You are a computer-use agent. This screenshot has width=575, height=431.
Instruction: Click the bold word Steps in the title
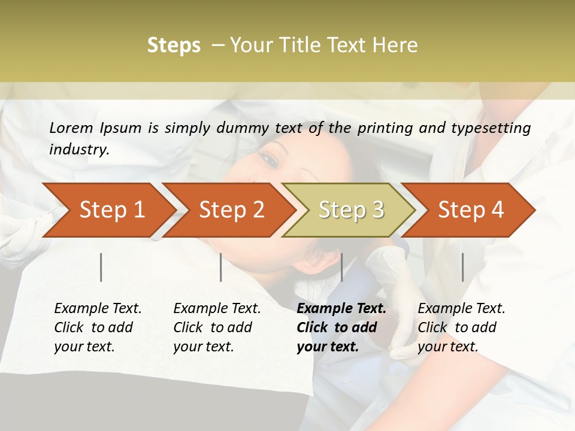click(174, 45)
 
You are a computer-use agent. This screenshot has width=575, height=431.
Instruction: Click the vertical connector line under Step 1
click(101, 267)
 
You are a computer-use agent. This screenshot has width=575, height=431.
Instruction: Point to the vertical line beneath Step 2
click(221, 267)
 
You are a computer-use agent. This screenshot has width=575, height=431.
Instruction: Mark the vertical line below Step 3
click(341, 267)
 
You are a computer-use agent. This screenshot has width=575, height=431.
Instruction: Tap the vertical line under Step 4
click(462, 267)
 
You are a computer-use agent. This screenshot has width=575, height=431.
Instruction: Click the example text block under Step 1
click(98, 327)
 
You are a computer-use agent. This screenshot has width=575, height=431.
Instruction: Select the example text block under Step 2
click(217, 327)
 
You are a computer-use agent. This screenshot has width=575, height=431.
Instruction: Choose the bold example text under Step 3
click(341, 327)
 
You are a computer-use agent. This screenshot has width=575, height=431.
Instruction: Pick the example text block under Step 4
click(461, 327)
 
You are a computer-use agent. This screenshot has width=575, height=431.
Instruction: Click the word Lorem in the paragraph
click(71, 128)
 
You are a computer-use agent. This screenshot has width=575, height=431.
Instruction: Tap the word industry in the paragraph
click(79, 150)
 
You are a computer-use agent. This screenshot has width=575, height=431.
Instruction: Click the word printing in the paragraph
click(386, 128)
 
